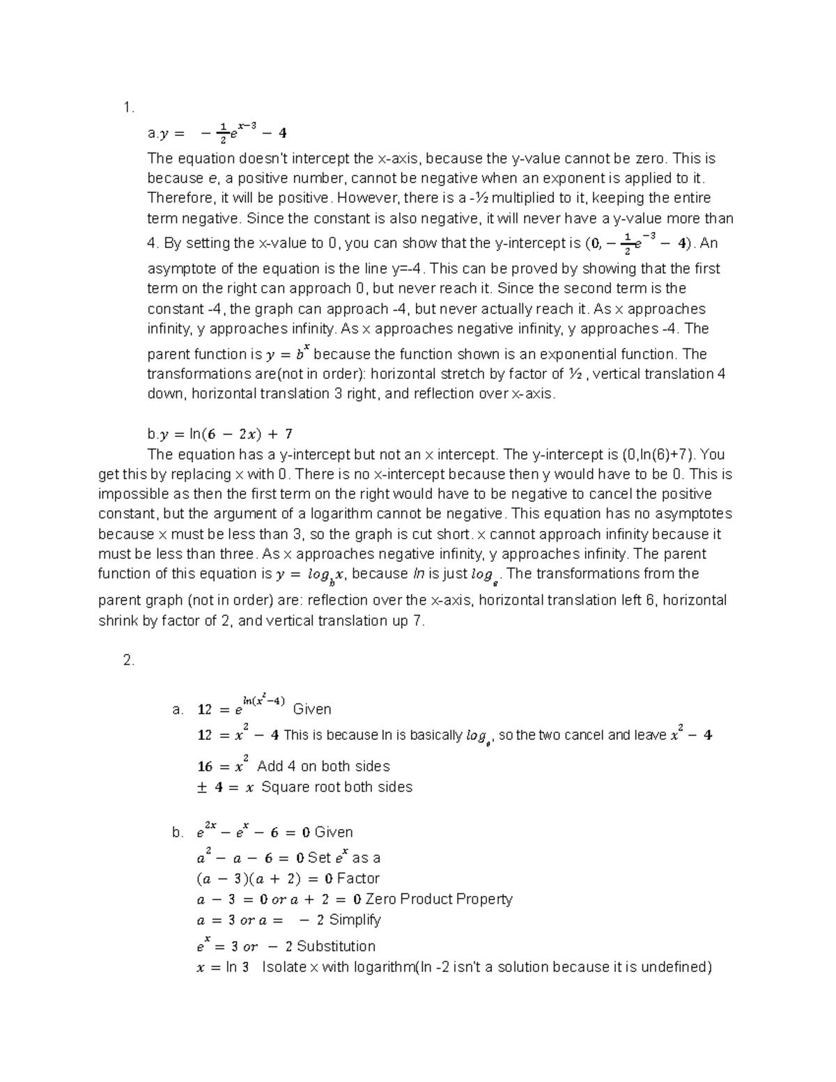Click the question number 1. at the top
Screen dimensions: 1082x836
[127, 107]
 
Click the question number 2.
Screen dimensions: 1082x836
[128, 660]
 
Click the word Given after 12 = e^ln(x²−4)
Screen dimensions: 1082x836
[312, 709]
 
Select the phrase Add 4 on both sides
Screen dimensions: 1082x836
[323, 766]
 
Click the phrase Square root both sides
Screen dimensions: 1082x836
[336, 787]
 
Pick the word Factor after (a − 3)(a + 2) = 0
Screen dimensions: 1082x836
[358, 879]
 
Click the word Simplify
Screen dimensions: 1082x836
[355, 920]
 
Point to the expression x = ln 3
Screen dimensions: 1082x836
[223, 968]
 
